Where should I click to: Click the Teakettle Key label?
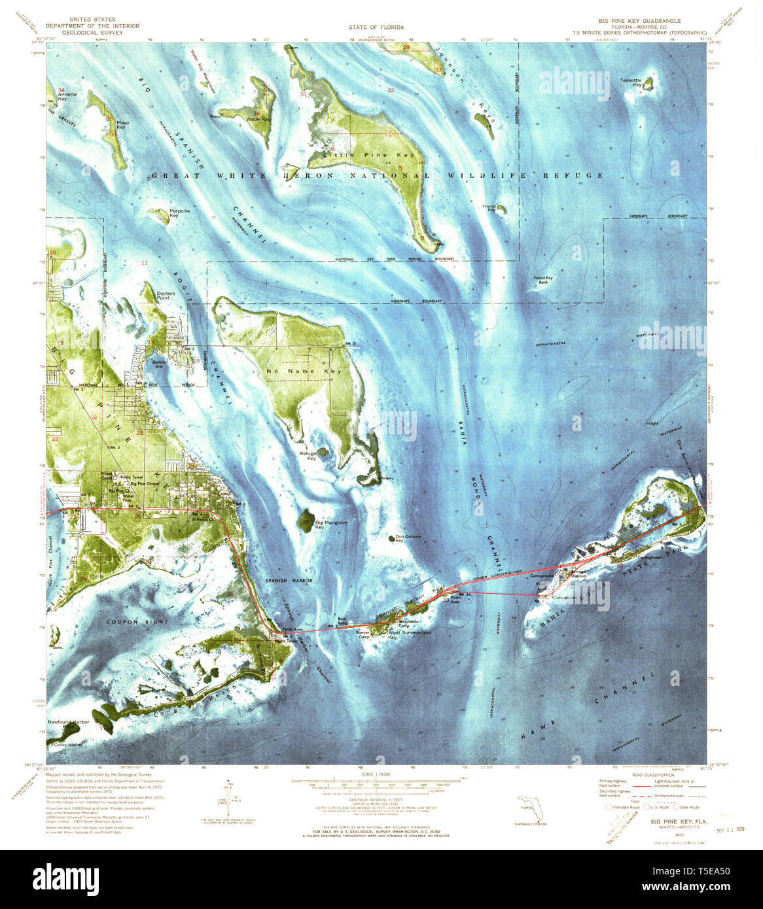pyautogui.click(x=631, y=82)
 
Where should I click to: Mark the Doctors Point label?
pyautogui.click(x=166, y=296)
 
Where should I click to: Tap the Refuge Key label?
pyautogui.click(x=308, y=456)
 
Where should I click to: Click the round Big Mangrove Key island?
pyautogui.click(x=306, y=522)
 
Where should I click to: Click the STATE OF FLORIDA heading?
pyautogui.click(x=381, y=27)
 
